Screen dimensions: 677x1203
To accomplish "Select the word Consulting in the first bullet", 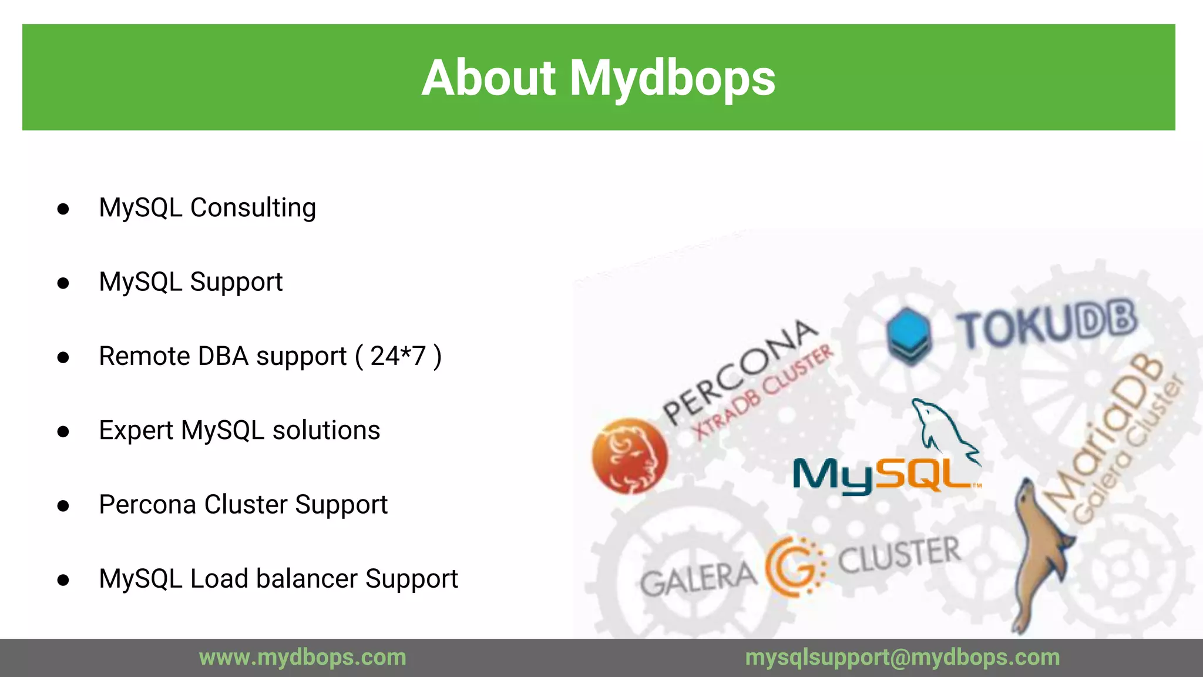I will tap(253, 208).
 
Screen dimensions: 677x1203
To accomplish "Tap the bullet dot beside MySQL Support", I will tap(63, 283).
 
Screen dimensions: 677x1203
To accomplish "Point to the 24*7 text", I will tap(398, 356).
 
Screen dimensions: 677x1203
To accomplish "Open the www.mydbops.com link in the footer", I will tap(303, 657).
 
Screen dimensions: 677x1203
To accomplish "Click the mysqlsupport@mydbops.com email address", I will tap(902, 657).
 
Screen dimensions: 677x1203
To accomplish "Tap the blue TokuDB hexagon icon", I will tap(909, 335).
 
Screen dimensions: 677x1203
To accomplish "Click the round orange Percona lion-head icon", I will tap(630, 455).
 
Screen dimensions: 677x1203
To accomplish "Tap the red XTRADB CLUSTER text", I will tap(764, 391).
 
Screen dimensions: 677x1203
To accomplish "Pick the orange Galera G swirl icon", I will tap(796, 566).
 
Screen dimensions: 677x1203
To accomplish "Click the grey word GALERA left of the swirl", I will tap(698, 579).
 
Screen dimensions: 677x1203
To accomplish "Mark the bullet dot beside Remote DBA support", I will tap(63, 357).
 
